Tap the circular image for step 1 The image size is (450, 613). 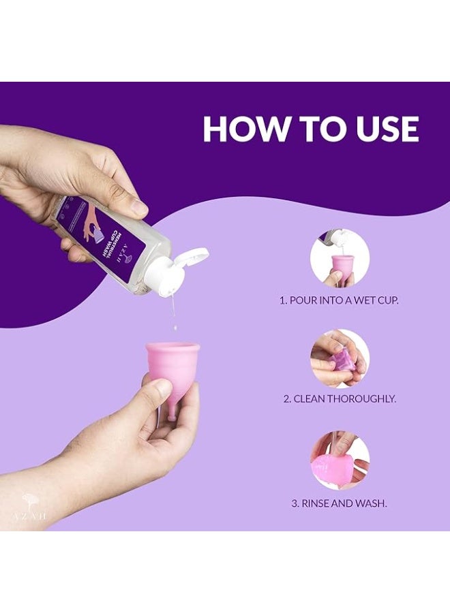[x=340, y=259]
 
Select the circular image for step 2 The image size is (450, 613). [x=340, y=359]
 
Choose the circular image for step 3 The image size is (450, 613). [x=340, y=460]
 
